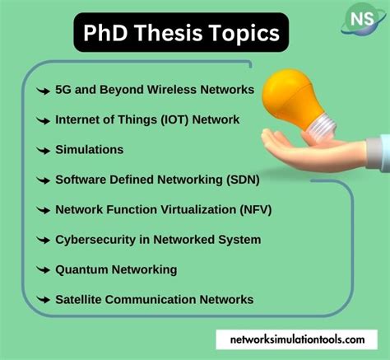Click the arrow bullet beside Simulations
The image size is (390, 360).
pos(41,150)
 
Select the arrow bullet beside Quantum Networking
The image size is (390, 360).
pos(41,269)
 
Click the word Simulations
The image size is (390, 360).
pos(89,149)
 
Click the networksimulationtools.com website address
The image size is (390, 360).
pos(298,339)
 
